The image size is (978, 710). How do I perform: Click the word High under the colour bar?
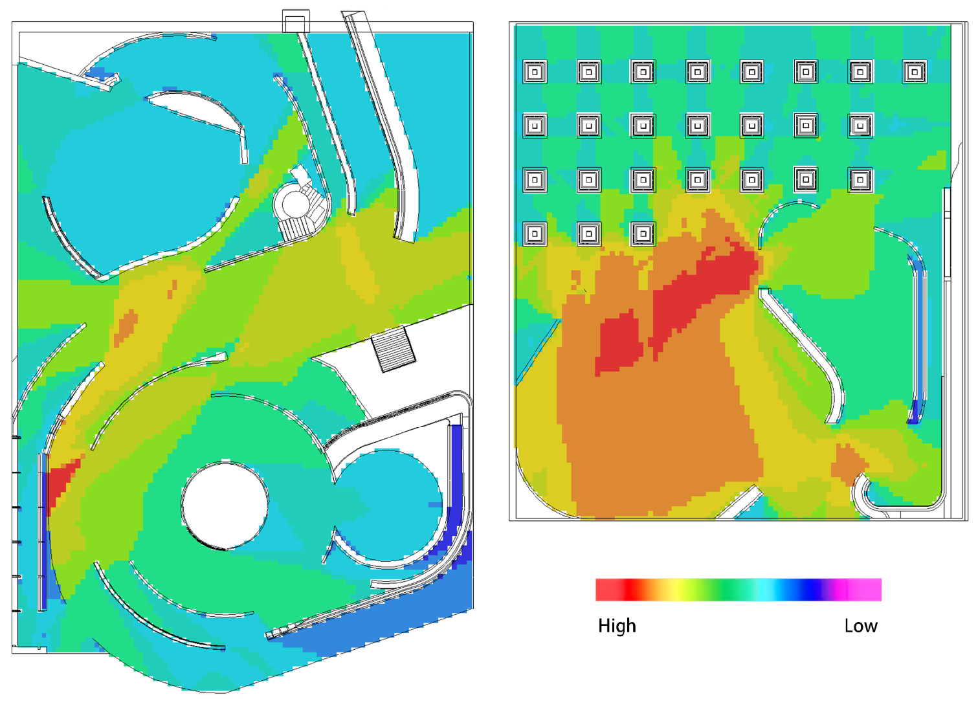(617, 626)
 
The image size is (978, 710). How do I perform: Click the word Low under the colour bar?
(861, 626)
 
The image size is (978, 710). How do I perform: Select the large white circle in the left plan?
(225, 505)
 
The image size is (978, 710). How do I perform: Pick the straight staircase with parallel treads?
(393, 349)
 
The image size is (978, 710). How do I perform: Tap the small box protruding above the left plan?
(296, 21)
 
